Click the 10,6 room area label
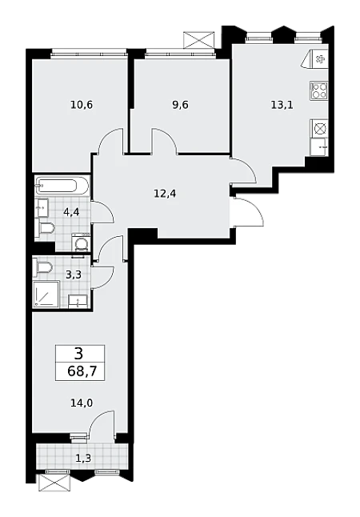coord(82,105)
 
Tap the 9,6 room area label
coord(180,105)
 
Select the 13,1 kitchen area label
coord(282,105)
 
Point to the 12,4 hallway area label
coord(165,194)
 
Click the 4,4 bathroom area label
coord(71,211)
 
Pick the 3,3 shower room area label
coord(73,275)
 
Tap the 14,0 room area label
coord(82,403)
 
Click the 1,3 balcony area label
coord(83,458)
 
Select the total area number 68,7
coord(82,371)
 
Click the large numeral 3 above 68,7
coord(79,355)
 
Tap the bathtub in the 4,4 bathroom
coord(62,186)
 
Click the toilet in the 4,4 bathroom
coord(46,228)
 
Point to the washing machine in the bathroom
coord(81,242)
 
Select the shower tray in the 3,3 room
coord(46,294)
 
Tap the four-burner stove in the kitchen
coord(318,90)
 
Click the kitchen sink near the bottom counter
coord(319,146)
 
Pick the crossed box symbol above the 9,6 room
coord(199,40)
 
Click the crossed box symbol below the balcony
coord(54,483)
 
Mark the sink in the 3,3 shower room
coord(78,302)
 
